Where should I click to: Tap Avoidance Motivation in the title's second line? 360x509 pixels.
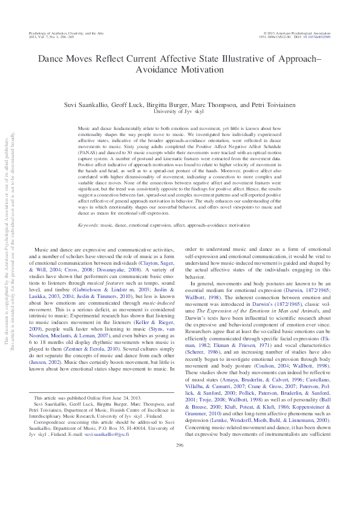click(180, 70)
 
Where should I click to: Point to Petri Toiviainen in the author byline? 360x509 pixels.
click(261, 104)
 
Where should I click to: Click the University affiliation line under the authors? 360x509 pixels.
click(180, 111)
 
